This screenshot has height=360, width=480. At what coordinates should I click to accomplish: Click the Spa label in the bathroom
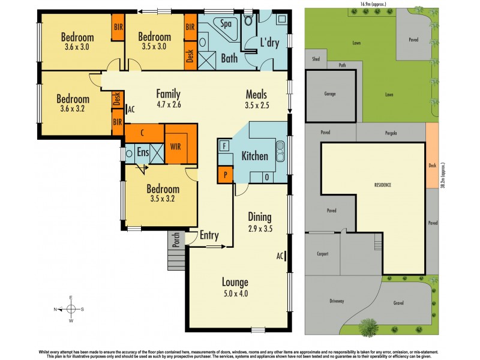tap(226, 24)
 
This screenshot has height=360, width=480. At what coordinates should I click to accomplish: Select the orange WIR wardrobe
tap(176, 146)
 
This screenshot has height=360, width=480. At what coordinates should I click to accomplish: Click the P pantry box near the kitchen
tap(225, 175)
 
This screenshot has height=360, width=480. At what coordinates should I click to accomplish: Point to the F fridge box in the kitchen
tap(224, 146)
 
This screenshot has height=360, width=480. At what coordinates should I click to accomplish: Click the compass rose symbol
tap(71, 309)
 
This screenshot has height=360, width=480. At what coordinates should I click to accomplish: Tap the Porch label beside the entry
tap(176, 239)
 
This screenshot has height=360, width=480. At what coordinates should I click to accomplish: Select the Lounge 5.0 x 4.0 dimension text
tap(235, 294)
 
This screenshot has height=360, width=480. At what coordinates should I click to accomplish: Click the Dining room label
tap(260, 217)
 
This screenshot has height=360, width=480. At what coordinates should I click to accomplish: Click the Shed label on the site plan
tap(316, 59)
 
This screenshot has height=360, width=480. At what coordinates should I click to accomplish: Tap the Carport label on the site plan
tap(322, 254)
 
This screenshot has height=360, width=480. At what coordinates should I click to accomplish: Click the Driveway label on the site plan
tap(336, 301)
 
